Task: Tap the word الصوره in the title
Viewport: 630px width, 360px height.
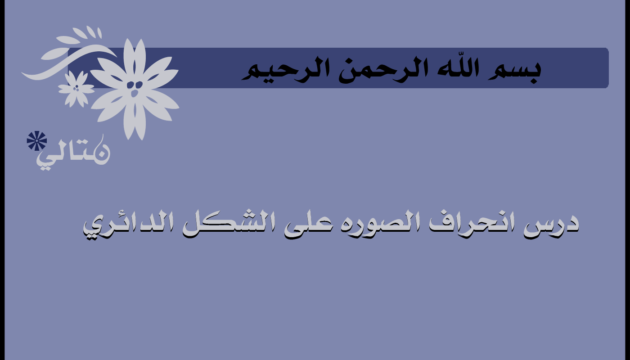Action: pyautogui.click(x=380, y=225)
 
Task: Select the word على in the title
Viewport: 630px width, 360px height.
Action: pyautogui.click(x=307, y=227)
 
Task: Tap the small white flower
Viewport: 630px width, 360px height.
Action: pyautogui.click(x=76, y=89)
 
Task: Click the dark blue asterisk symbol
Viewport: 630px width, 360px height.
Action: pyautogui.click(x=37, y=140)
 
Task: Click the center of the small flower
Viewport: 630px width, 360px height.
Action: pyautogui.click(x=76, y=89)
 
